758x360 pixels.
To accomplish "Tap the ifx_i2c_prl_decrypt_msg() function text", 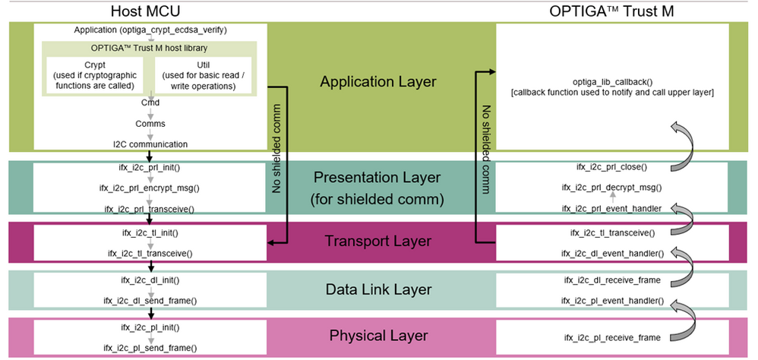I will tap(612, 187).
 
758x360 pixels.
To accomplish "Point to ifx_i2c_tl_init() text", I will tap(150, 232).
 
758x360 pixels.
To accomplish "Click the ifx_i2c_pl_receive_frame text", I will tap(612, 337).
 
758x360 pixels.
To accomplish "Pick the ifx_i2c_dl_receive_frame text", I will tap(612, 280).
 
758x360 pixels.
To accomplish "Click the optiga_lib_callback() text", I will tap(612, 81).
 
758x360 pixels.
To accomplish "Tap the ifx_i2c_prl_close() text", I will tap(612, 166).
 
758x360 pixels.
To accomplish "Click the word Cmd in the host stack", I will tap(150, 102).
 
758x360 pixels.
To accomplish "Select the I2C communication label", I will tap(150, 143).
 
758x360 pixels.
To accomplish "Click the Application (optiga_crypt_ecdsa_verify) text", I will tap(150, 30).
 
